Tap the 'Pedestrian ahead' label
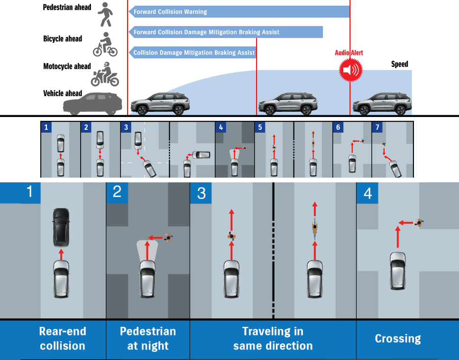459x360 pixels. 67,8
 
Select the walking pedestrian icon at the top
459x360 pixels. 105,15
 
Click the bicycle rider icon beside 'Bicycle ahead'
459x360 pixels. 105,44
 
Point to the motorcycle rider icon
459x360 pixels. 104,74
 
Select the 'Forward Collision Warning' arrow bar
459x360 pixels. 239,12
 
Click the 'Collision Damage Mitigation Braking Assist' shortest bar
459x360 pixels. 193,53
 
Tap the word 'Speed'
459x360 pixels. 399,64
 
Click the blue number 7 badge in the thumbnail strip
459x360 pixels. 377,127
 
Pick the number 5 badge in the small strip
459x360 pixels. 260,127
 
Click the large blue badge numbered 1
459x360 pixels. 30,192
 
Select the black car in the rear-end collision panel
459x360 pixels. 61,227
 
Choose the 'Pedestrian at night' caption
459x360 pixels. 147,338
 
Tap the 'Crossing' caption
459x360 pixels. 397,338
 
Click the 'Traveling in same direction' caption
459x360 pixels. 273,338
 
